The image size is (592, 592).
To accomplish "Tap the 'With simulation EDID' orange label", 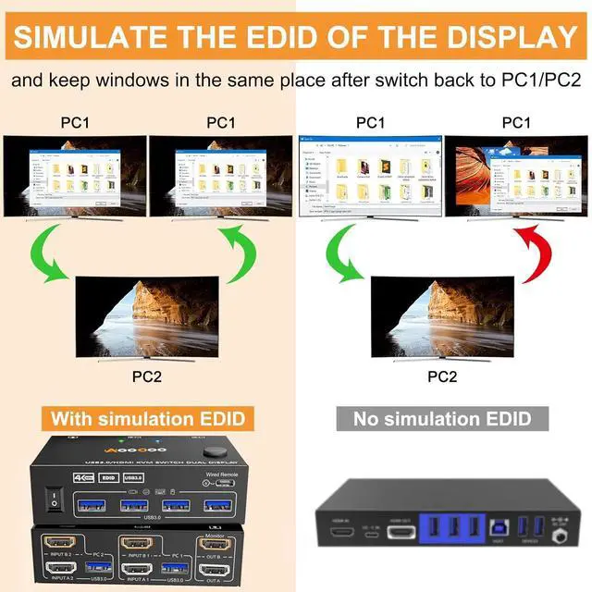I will [x=148, y=418].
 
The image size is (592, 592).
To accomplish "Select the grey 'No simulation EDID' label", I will [x=444, y=418].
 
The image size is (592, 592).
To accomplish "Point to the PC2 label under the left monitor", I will [x=148, y=376].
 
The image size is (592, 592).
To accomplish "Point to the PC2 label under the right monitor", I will [x=442, y=376].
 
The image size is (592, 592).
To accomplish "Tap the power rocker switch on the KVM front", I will [x=55, y=500].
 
